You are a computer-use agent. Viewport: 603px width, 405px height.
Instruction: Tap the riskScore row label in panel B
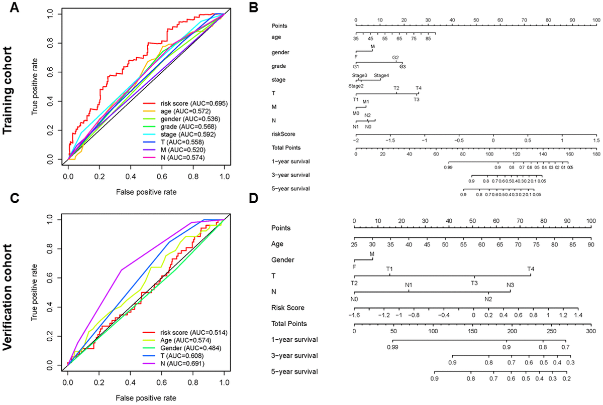pos(283,134)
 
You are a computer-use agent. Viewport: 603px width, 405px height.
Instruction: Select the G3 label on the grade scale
pos(403,66)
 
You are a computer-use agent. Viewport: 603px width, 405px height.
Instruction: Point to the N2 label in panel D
pos(488,300)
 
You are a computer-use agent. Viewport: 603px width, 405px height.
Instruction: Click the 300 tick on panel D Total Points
pos(590,332)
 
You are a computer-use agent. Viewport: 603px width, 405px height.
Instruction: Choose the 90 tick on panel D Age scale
pos(590,244)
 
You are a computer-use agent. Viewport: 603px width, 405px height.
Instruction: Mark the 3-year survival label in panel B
pos(288,175)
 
